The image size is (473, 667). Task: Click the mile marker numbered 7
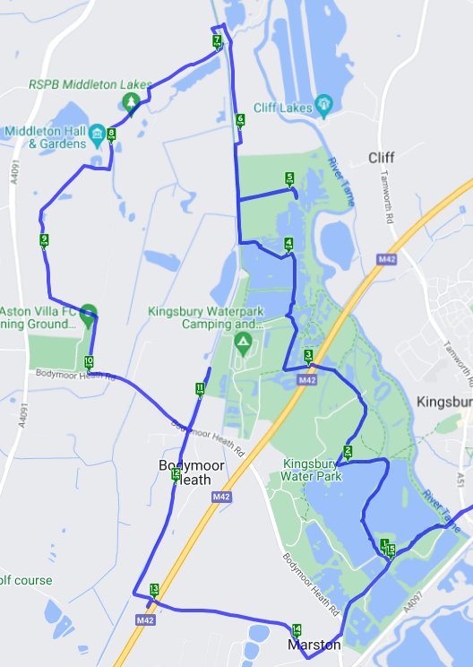tap(217, 41)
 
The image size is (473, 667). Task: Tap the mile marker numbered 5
tap(289, 178)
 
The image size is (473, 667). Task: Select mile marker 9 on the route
tap(44, 239)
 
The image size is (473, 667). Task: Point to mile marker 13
tap(154, 589)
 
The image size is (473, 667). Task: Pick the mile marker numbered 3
tap(308, 356)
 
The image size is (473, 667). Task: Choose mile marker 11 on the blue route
tap(199, 388)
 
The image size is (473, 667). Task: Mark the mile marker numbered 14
tap(297, 629)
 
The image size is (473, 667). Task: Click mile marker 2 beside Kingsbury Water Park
tap(348, 451)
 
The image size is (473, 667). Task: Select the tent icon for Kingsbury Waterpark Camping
tap(242, 342)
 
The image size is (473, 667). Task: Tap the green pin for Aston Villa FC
tap(88, 314)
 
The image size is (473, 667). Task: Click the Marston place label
tap(314, 645)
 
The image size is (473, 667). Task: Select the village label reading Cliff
tap(381, 158)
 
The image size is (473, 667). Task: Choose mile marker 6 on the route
tap(240, 119)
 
